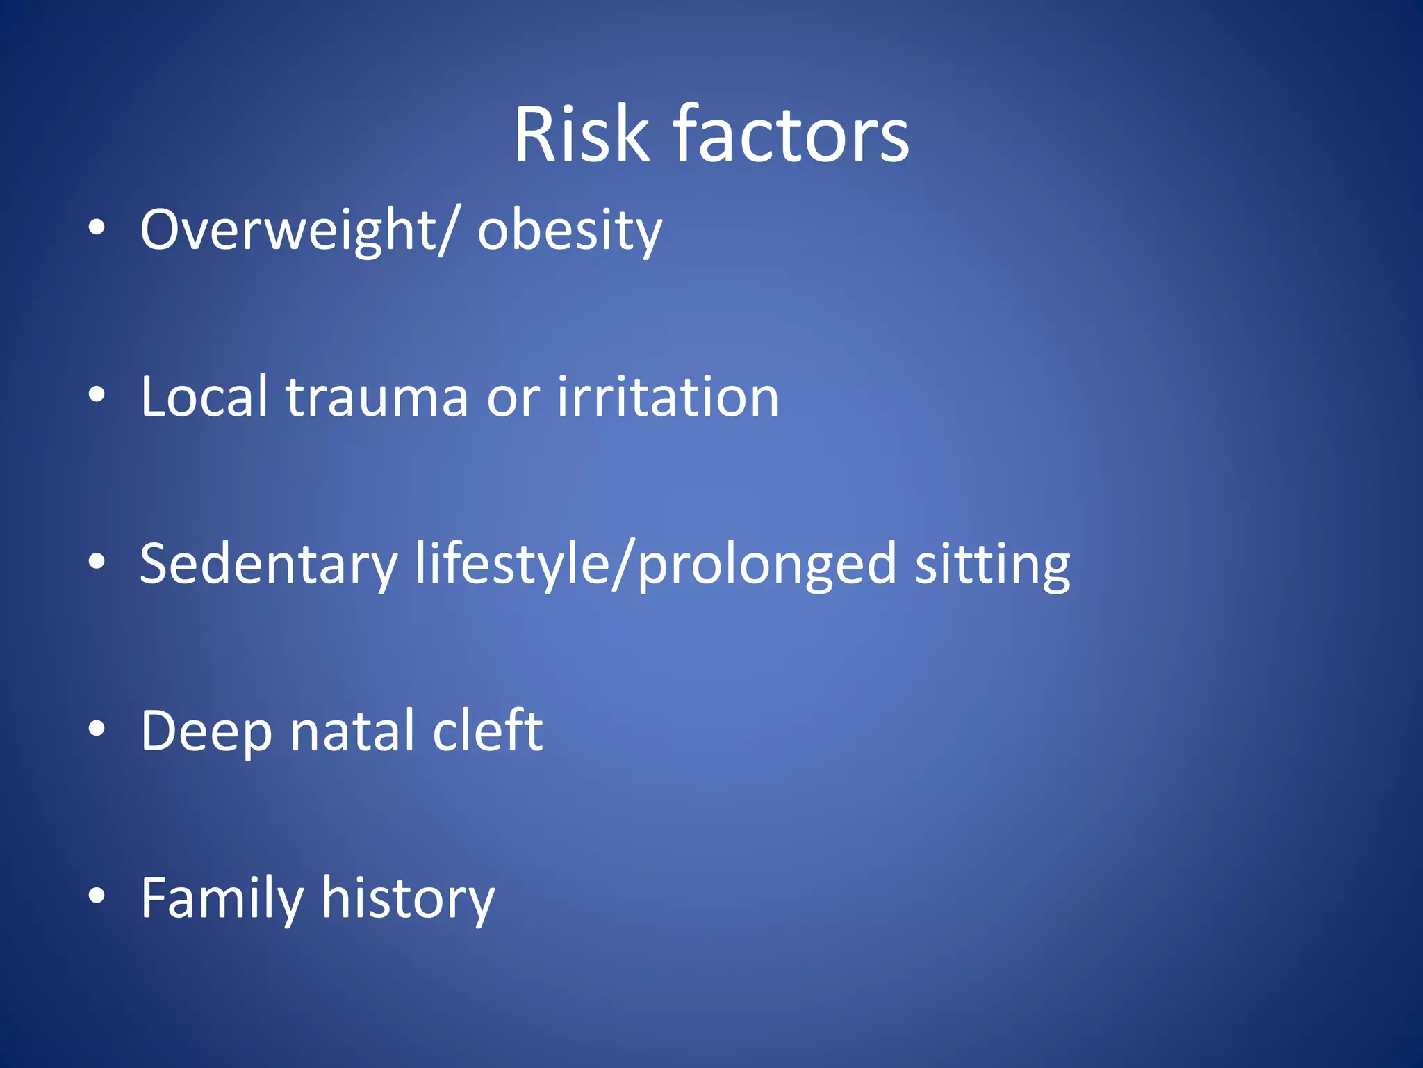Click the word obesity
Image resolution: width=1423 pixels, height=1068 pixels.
click(570, 230)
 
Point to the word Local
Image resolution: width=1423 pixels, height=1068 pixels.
click(204, 397)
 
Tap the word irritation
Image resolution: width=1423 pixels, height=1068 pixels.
click(668, 397)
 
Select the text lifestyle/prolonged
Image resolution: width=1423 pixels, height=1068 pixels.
click(656, 565)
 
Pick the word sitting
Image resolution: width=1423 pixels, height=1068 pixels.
click(992, 565)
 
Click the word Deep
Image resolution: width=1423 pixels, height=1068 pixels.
click(206, 732)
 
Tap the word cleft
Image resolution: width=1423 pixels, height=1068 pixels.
click(487, 731)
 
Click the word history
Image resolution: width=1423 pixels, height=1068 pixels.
click(408, 899)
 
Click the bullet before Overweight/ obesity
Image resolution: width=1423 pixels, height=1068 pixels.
click(97, 228)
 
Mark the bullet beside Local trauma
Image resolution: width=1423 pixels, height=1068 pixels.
click(97, 395)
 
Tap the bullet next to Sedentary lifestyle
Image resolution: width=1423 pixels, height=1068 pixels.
click(97, 562)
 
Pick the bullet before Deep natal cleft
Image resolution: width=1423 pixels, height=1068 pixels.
click(97, 729)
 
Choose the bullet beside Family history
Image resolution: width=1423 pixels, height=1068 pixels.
click(97, 896)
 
